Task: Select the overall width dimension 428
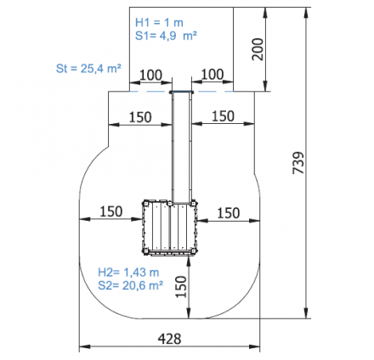[x=169, y=339]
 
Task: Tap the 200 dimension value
[x=258, y=49]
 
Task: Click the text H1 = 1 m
[x=159, y=22]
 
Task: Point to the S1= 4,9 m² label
[x=166, y=36]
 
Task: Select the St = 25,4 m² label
[x=88, y=68]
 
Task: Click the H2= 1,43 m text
[x=128, y=273]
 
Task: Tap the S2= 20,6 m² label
[x=130, y=285]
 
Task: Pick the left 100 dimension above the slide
[x=151, y=75]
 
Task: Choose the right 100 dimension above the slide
[x=212, y=75]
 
